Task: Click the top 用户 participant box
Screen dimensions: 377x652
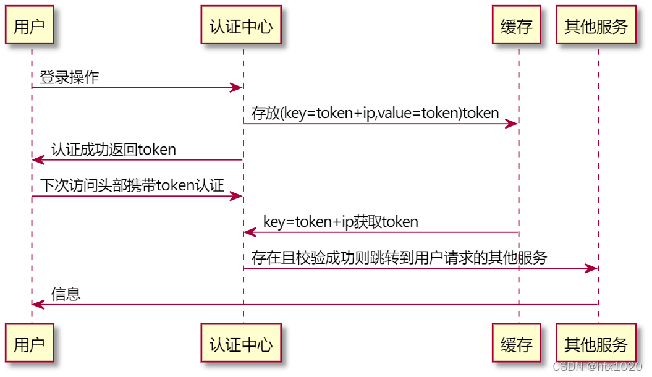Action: tap(29, 26)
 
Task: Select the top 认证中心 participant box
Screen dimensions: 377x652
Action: tap(241, 26)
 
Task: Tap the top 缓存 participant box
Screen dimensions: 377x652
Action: tap(517, 26)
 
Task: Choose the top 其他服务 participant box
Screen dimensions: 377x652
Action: tap(596, 26)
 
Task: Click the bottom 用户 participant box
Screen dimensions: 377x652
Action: tap(29, 344)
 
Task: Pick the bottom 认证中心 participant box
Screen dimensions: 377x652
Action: tap(241, 344)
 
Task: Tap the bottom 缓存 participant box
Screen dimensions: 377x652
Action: tap(517, 344)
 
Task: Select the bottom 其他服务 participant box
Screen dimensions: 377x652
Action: tap(596, 344)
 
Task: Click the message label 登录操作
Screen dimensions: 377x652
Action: tap(69, 77)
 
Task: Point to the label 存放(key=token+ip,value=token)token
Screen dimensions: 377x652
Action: tap(375, 113)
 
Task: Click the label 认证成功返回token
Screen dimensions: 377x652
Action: tap(114, 150)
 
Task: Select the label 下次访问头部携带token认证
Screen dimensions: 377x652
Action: tap(132, 185)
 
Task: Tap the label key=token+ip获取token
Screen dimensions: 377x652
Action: tap(341, 222)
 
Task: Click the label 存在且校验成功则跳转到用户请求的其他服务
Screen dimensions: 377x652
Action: tap(399, 258)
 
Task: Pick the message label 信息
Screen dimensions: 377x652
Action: tap(66, 294)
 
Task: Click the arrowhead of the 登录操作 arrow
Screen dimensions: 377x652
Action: tap(236, 88)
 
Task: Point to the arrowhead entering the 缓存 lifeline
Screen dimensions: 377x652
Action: tap(512, 124)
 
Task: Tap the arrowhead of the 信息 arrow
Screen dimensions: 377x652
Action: tap(38, 305)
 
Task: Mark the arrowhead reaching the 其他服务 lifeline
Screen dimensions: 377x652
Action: tap(591, 269)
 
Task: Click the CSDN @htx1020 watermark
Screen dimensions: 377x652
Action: tap(597, 366)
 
